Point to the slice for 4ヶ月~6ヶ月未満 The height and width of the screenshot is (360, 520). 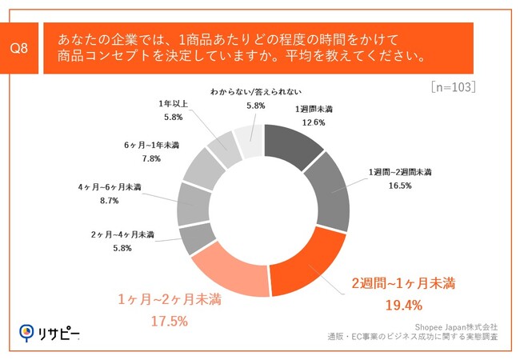(x=193, y=203)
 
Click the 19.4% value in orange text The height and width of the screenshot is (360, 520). (x=403, y=306)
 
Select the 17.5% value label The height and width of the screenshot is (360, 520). (x=169, y=321)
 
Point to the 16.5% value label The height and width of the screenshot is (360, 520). (x=400, y=185)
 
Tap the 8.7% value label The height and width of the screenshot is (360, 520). (x=108, y=201)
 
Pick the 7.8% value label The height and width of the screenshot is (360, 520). (x=151, y=158)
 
